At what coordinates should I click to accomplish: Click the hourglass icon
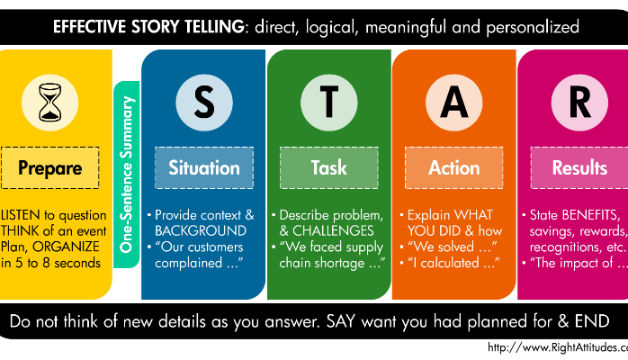(x=51, y=102)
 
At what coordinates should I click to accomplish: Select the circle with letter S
(x=204, y=102)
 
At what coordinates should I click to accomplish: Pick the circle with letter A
(x=453, y=102)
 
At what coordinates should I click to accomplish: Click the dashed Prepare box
(x=51, y=168)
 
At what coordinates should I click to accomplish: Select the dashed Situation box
(x=204, y=167)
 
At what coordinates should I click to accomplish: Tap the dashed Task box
(x=328, y=167)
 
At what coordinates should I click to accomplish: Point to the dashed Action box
(x=453, y=167)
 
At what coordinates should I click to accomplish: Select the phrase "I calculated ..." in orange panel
(x=456, y=263)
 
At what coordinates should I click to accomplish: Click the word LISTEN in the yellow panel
(x=23, y=215)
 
